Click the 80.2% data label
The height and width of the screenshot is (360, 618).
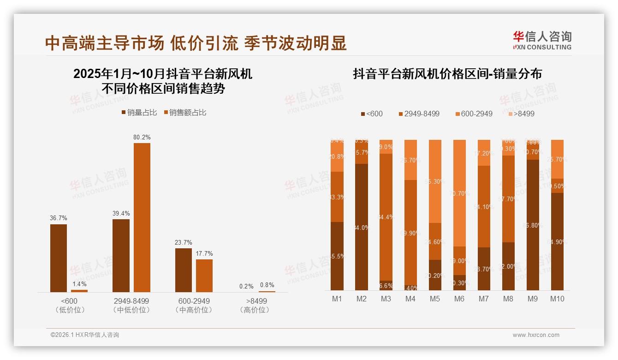click(142, 137)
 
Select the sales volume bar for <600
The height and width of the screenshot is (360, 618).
click(59, 258)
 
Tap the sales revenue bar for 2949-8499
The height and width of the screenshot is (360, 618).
click(142, 217)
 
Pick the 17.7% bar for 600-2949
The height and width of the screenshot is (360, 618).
click(204, 276)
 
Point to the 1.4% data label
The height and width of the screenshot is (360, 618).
click(79, 284)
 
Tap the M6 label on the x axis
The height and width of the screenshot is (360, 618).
click(459, 299)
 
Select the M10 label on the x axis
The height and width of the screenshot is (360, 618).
click(557, 299)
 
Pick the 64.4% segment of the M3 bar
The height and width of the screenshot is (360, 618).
click(386, 217)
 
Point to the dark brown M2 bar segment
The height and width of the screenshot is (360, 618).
click(362, 227)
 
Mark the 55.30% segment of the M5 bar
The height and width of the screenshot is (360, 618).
click(435, 181)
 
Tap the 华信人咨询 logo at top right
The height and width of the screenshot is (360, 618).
click(542, 40)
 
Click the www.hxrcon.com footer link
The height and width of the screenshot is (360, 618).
click(536, 335)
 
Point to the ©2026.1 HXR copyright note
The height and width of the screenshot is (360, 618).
click(85, 335)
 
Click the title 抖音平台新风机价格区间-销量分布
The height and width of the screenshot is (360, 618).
click(447, 74)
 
